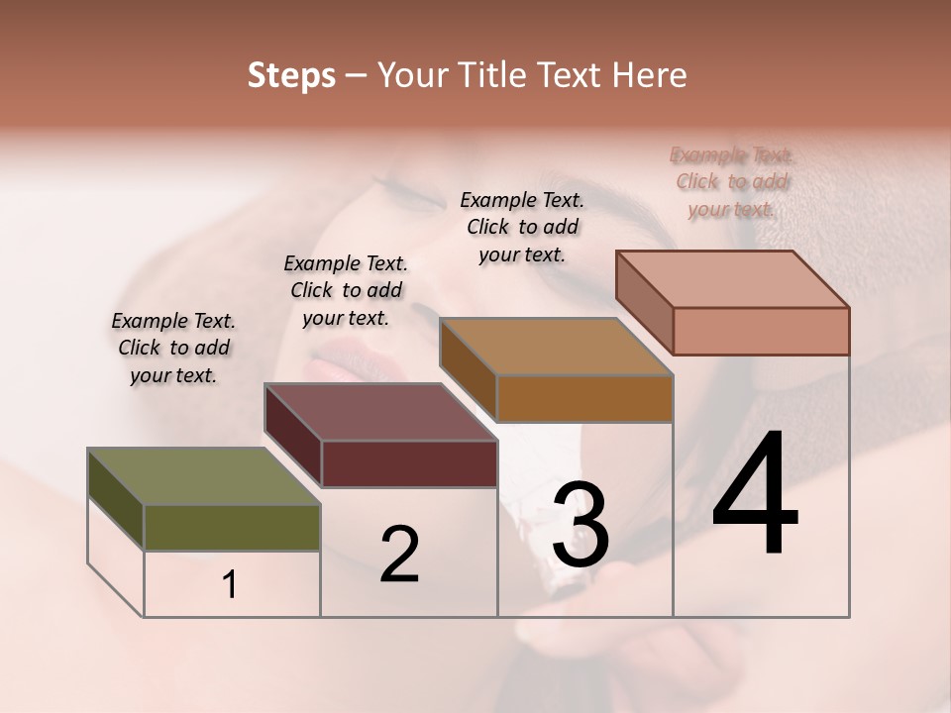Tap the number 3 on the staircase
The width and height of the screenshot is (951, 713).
581,525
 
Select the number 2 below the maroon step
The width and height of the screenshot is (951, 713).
399,555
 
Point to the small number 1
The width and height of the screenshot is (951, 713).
230,585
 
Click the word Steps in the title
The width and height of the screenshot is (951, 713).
291,75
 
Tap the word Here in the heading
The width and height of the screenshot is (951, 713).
651,75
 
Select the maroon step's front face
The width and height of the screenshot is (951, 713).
409,463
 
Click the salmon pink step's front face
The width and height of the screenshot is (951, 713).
761,331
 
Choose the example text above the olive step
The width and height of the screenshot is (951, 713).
173,348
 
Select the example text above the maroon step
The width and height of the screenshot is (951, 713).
346,290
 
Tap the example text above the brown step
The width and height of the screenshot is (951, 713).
522,227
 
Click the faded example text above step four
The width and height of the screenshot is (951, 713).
733,181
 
